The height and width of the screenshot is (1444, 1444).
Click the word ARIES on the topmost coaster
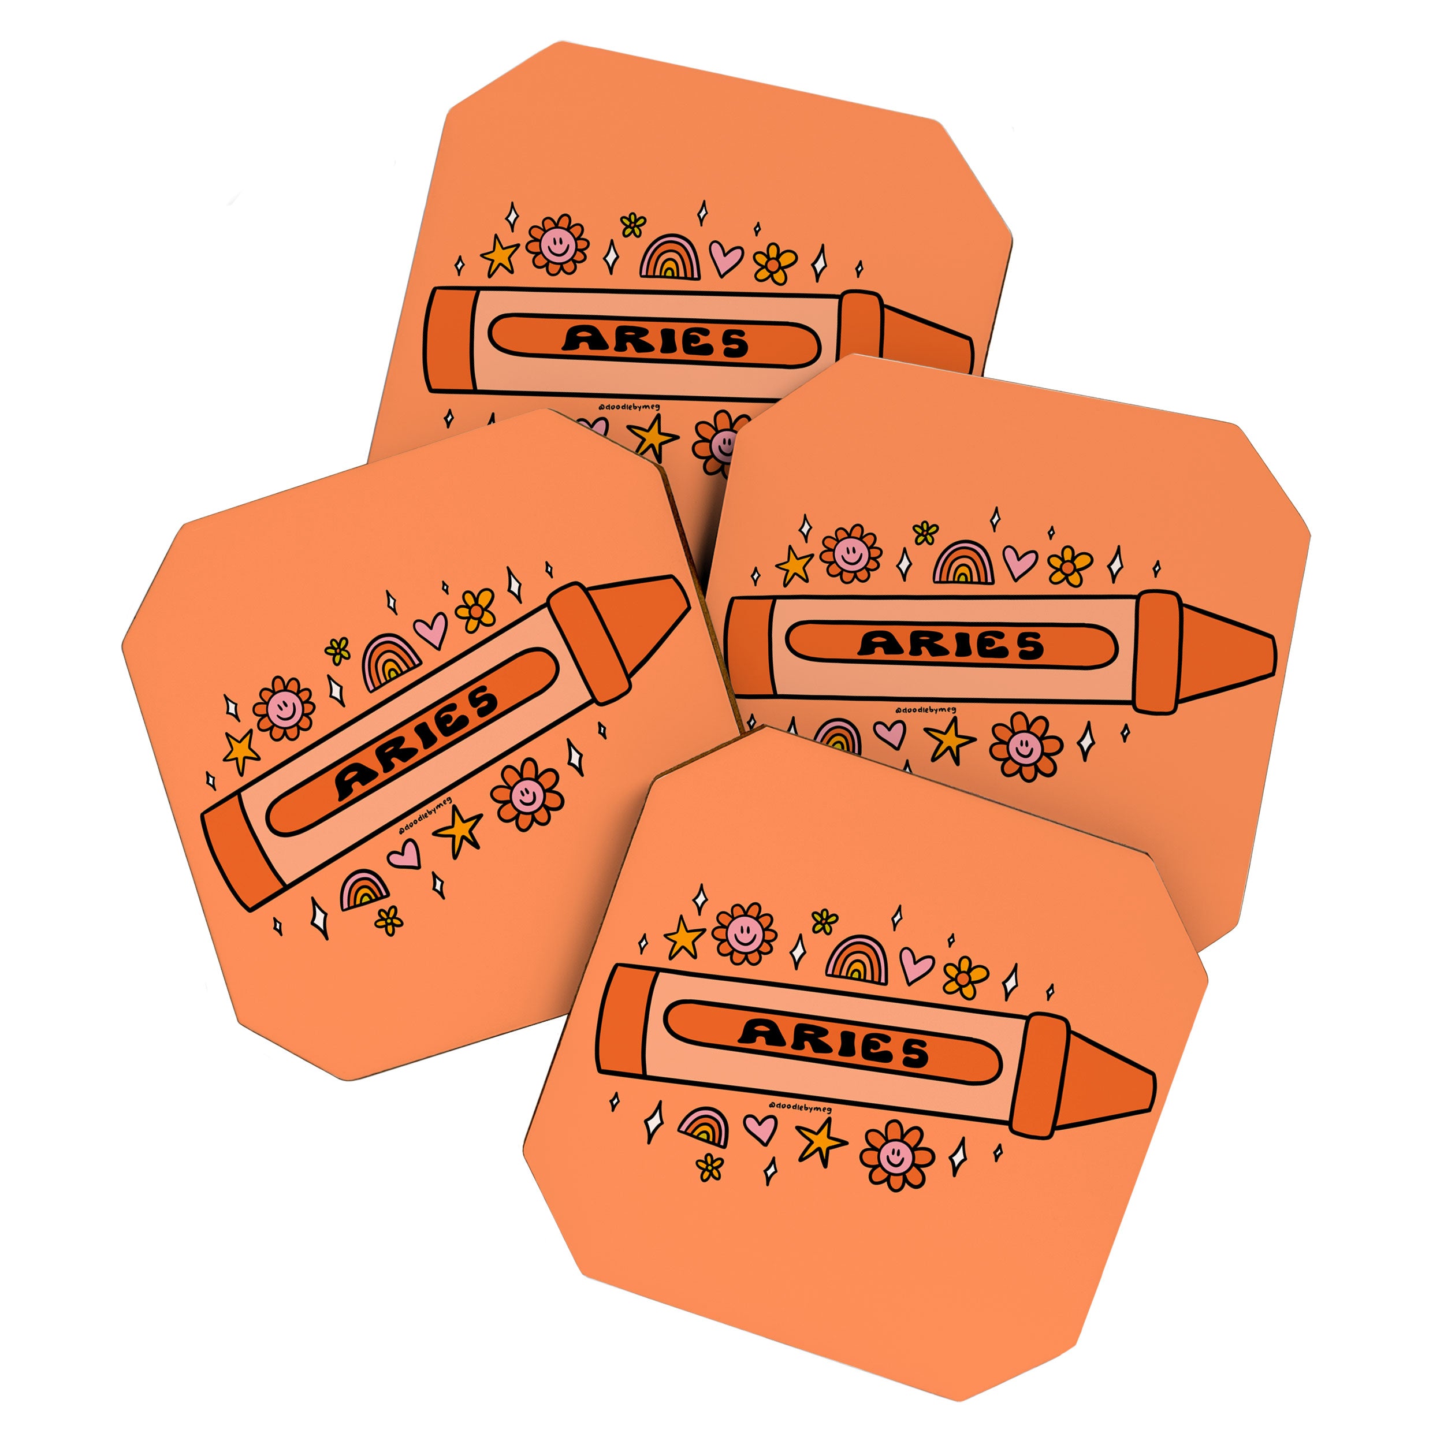[x=655, y=341]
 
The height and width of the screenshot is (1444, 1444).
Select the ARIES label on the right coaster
[x=951, y=643]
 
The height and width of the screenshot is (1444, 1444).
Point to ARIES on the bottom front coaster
[x=833, y=1043]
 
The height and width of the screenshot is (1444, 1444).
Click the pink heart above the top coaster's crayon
[x=725, y=257]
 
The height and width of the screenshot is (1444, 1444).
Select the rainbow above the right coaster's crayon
[x=964, y=563]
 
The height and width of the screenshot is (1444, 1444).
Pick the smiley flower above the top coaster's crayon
[x=557, y=244]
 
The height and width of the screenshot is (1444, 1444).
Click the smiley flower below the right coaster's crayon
[x=1025, y=746]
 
